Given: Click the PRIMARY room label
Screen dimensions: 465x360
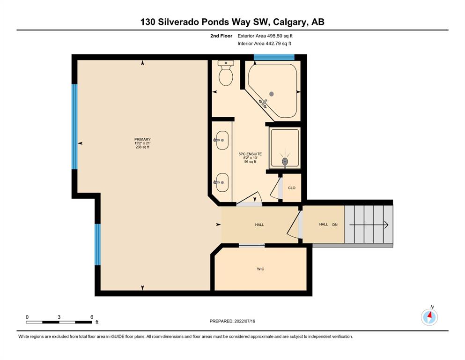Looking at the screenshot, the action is [142, 139].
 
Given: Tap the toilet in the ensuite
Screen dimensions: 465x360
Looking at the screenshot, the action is [226, 73].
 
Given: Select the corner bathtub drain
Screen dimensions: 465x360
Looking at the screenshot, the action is [271, 94].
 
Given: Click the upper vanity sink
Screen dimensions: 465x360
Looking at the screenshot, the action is [221, 140].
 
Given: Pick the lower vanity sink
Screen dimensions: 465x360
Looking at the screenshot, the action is [221, 182].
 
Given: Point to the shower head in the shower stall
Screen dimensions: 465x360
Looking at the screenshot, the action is [285, 161].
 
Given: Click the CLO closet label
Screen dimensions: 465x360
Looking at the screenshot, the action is [292, 188].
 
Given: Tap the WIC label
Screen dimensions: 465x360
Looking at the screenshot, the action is [260, 269].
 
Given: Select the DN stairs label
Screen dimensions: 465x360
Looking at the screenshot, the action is [335, 225].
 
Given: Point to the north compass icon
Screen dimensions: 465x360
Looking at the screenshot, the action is [429, 317].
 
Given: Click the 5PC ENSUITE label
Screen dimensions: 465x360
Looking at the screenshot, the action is [250, 154].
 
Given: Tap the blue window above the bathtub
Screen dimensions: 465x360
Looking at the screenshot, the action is [274, 57].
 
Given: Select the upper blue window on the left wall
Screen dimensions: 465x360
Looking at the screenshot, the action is [74, 127].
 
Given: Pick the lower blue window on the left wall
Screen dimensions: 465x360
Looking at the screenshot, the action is [97, 244].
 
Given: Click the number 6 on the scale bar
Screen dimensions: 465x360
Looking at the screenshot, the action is [92, 317].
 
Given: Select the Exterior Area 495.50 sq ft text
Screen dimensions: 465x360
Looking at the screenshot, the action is [265, 36].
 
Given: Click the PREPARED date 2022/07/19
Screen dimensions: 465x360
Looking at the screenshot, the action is [244, 321].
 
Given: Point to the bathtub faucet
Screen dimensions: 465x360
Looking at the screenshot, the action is [263, 103].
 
